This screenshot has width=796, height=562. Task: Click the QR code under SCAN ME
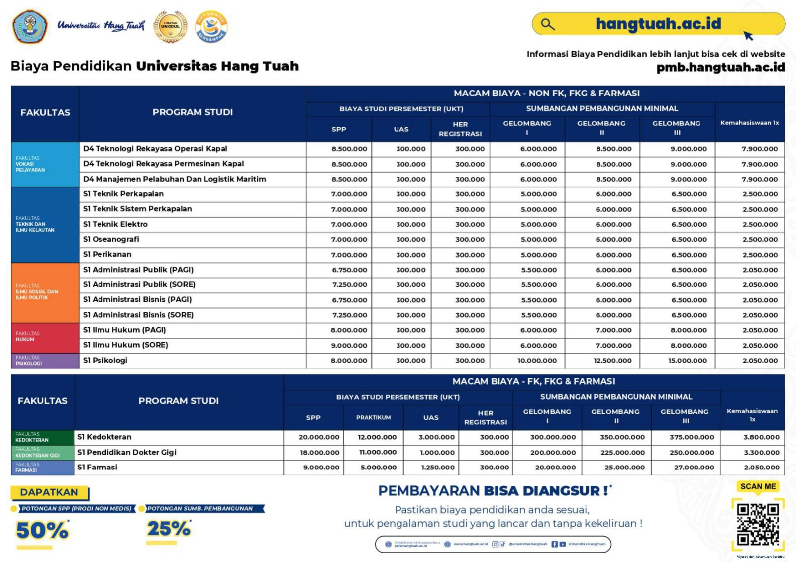pyautogui.click(x=758, y=524)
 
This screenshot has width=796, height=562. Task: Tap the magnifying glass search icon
pyautogui.click(x=548, y=24)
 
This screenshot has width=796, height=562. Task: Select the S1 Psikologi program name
pyautogui.click(x=105, y=360)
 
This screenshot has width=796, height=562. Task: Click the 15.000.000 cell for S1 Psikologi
pyautogui.click(x=687, y=361)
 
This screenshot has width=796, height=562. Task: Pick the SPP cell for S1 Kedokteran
pyautogui.click(x=319, y=437)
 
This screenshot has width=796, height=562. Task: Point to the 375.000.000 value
pyautogui.click(x=692, y=437)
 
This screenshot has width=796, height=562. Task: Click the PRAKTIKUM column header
pyautogui.click(x=373, y=417)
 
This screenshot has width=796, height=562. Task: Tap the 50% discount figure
pyautogui.click(x=42, y=530)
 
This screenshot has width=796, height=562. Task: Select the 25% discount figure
pyautogui.click(x=169, y=529)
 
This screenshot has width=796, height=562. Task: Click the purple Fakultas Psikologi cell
pyautogui.click(x=45, y=361)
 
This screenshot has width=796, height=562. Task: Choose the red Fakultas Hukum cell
pyautogui.click(x=45, y=338)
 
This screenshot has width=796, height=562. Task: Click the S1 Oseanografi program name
pyautogui.click(x=111, y=239)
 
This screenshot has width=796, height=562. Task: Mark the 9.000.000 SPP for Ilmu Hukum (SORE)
pyautogui.click(x=349, y=345)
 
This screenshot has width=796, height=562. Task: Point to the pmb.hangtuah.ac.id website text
pyautogui.click(x=720, y=67)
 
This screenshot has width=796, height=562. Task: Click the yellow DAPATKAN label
pyautogui.click(x=49, y=492)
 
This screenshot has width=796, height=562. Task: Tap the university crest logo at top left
pyautogui.click(x=30, y=26)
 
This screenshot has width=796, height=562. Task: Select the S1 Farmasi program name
pyautogui.click(x=97, y=467)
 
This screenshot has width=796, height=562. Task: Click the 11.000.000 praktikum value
pyautogui.click(x=378, y=452)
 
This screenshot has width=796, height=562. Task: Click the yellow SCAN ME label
pyautogui.click(x=758, y=486)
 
